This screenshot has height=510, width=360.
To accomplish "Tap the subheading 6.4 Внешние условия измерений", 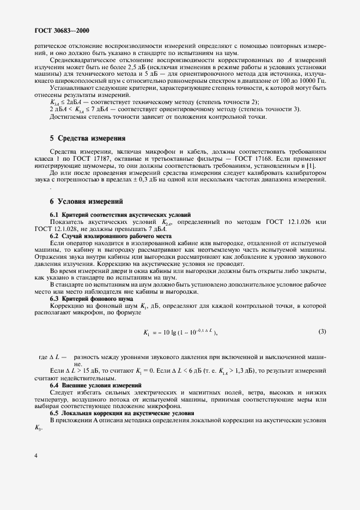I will tap(96, 385).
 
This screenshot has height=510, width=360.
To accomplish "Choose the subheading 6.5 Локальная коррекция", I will tap(122, 414).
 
